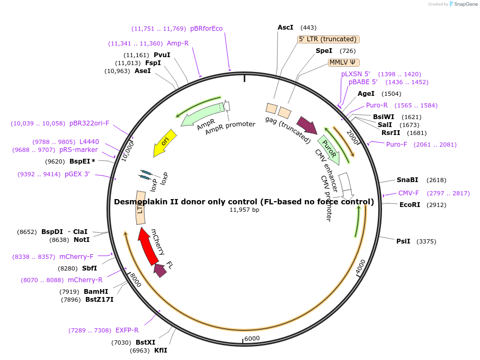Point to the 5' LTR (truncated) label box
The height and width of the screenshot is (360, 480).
328,39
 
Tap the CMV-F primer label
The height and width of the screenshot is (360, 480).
408,193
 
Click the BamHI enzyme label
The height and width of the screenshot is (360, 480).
96,292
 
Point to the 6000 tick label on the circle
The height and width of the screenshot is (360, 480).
252,339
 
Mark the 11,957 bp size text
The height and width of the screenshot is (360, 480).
244,210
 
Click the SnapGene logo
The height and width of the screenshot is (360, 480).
461,4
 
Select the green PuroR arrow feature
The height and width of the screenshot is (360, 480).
329,149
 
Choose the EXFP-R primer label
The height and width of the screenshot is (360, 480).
127,330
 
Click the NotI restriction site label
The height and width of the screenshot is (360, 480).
81,240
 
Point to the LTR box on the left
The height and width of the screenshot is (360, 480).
140,210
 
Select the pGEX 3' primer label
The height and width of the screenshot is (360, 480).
77,174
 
